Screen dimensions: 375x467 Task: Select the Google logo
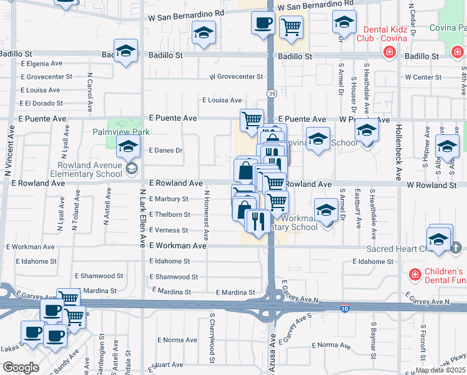[x=21, y=367]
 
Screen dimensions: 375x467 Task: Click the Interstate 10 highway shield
[x=345, y=308]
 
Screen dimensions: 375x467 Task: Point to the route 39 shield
[x=272, y=93]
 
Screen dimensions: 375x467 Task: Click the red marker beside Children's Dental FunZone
[x=413, y=274]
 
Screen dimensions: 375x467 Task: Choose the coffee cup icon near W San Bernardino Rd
[x=263, y=23]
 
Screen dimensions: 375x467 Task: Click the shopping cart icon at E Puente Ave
[x=252, y=119]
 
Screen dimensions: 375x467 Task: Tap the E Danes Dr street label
[x=165, y=151]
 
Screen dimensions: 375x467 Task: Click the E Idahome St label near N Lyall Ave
[x=36, y=261]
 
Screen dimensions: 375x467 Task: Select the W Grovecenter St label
[x=236, y=77]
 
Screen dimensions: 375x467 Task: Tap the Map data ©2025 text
[x=440, y=370]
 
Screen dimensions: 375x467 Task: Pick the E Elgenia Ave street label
[x=41, y=63]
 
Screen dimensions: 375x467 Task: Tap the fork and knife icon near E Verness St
[x=257, y=221]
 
